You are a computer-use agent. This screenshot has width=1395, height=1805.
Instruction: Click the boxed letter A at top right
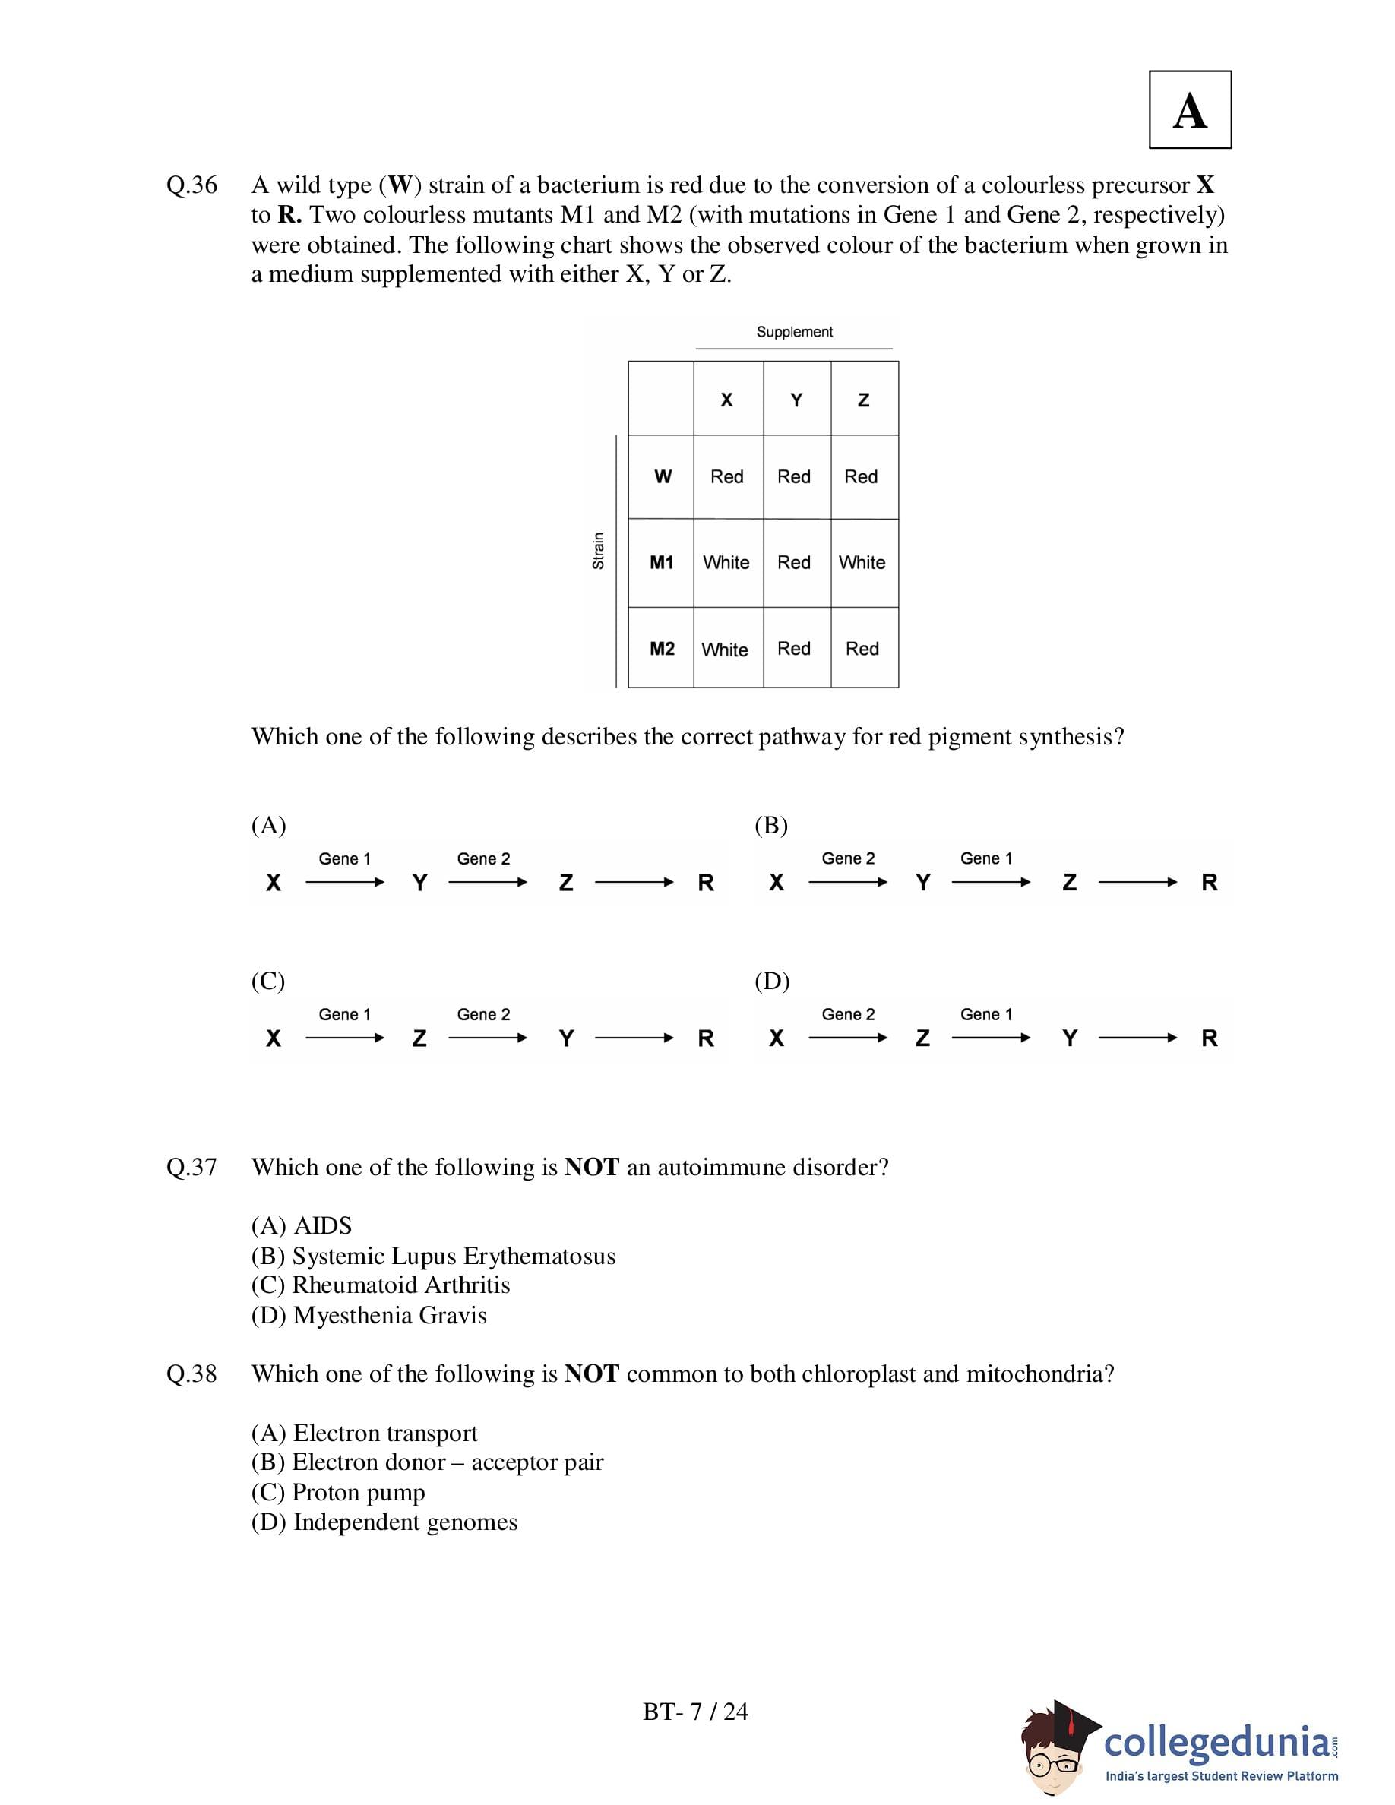(1189, 110)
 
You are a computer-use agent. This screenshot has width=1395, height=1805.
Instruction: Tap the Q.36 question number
(191, 185)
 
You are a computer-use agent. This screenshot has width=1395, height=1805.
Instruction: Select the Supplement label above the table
(794, 331)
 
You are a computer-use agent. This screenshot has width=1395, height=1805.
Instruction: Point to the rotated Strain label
(598, 551)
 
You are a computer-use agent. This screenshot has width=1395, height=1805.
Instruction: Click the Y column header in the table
(796, 400)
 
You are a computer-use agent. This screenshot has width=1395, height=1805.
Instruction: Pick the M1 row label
(661, 563)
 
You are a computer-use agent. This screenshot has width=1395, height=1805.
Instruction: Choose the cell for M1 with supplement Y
(794, 563)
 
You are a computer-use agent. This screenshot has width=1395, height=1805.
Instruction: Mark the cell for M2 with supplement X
(725, 650)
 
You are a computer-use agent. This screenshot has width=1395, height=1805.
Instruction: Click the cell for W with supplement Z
(861, 477)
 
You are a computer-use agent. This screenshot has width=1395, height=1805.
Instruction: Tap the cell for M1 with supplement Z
(862, 563)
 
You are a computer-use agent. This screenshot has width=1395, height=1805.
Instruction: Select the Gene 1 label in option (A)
(345, 858)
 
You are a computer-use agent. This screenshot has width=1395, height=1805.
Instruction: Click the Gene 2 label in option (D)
(848, 1014)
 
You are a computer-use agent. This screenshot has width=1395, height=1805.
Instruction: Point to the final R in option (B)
(1209, 883)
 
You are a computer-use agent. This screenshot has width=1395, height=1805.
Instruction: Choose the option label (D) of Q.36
(772, 981)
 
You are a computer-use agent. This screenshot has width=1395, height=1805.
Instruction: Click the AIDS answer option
(302, 1225)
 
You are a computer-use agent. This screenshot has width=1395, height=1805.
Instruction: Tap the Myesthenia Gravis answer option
(369, 1315)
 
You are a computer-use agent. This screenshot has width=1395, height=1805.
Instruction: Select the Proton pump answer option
(339, 1492)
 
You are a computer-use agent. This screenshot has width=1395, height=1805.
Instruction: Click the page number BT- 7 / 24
(695, 1711)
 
